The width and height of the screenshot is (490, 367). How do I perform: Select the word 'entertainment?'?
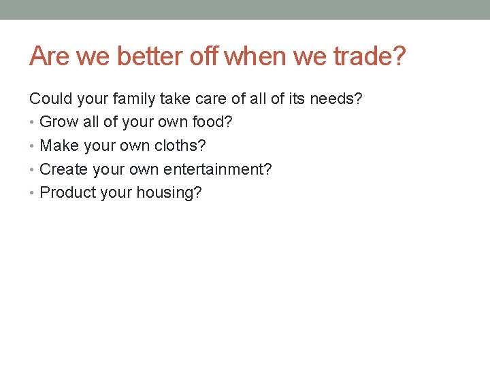(216, 169)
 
